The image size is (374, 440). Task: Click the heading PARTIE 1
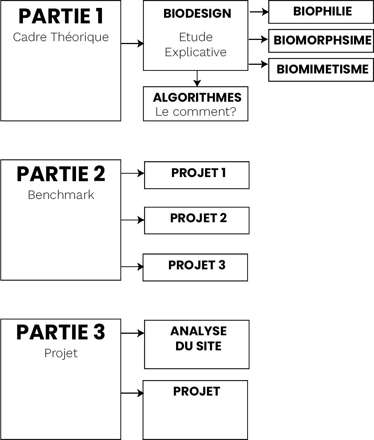(61, 16)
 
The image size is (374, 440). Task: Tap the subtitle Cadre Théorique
(61, 37)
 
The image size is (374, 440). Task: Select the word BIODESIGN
(198, 14)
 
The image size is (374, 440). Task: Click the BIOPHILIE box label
(322, 12)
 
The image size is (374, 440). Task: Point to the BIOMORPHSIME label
(322, 40)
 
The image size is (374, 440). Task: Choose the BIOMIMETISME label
(322, 69)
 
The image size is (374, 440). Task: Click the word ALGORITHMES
(197, 98)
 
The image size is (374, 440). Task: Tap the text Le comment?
(196, 112)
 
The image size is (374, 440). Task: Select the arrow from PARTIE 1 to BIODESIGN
(132, 43)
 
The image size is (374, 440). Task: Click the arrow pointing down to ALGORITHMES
(197, 78)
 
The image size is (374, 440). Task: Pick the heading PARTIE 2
(61, 174)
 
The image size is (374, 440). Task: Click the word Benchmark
(61, 195)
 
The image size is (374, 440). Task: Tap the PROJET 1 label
(199, 173)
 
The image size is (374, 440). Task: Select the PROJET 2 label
(199, 218)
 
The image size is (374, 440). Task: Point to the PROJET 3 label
(197, 265)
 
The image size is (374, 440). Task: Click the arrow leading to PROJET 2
(132, 220)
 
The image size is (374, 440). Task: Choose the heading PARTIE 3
(61, 332)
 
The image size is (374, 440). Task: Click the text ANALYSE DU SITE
(199, 338)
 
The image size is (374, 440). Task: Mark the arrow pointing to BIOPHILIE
(259, 12)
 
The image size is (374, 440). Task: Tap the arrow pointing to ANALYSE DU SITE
(132, 333)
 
